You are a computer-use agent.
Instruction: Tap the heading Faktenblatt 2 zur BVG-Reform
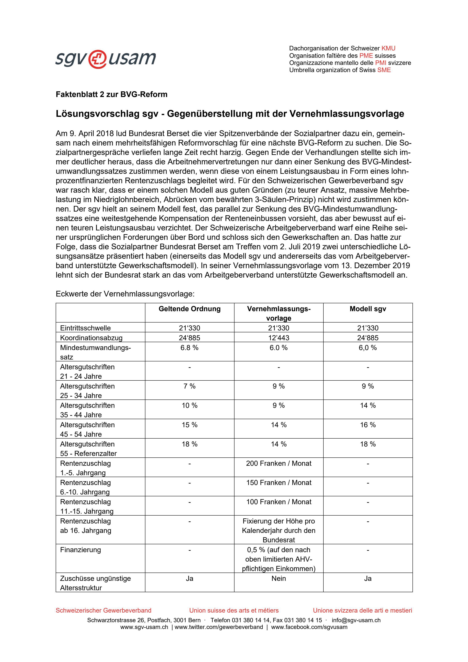point(111,95)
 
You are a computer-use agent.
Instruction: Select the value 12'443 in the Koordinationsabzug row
point(278,338)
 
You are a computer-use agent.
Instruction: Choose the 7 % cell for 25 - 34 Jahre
point(190,386)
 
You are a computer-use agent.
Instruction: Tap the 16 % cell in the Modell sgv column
point(368,425)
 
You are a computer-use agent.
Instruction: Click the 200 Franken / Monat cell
point(278,463)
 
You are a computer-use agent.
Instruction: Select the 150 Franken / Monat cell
point(278,483)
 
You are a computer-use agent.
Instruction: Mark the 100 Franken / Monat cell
point(278,502)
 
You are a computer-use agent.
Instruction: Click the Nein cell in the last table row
point(278,579)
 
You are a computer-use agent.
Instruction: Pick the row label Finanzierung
point(80,550)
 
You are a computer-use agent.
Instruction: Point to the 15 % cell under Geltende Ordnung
point(190,425)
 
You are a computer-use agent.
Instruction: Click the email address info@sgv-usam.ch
point(356,620)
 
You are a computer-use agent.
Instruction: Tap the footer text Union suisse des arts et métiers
point(234,610)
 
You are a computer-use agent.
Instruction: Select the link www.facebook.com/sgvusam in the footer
point(309,627)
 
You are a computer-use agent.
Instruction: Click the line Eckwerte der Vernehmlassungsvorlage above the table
point(125,294)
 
